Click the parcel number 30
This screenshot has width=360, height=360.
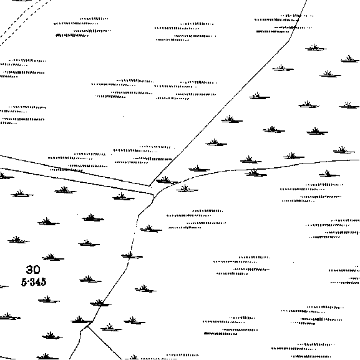pyautogui.click(x=33, y=270)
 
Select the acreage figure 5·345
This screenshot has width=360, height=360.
pyautogui.click(x=34, y=282)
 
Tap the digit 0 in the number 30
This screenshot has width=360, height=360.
pyautogui.click(x=37, y=270)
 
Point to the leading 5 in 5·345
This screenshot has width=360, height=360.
pyautogui.click(x=24, y=282)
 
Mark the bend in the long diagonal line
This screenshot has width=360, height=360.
pyautogui.click(x=289, y=41)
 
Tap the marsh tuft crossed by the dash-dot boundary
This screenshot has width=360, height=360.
pyautogui.click(x=132, y=256)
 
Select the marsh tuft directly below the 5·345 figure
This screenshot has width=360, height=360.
pyautogui.click(x=49, y=299)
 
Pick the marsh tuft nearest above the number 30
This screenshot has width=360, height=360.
pyautogui.click(x=53, y=258)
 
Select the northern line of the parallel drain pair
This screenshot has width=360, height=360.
pyautogui.click(x=75, y=170)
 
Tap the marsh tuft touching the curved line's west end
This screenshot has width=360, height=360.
pyautogui.click(x=167, y=180)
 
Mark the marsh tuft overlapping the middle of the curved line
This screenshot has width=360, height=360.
pyautogui.click(x=256, y=173)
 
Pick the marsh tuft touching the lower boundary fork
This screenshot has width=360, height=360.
pyautogui.click(x=82, y=320)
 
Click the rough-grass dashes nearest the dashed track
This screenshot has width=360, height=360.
pyautogui.click(x=82, y=27)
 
